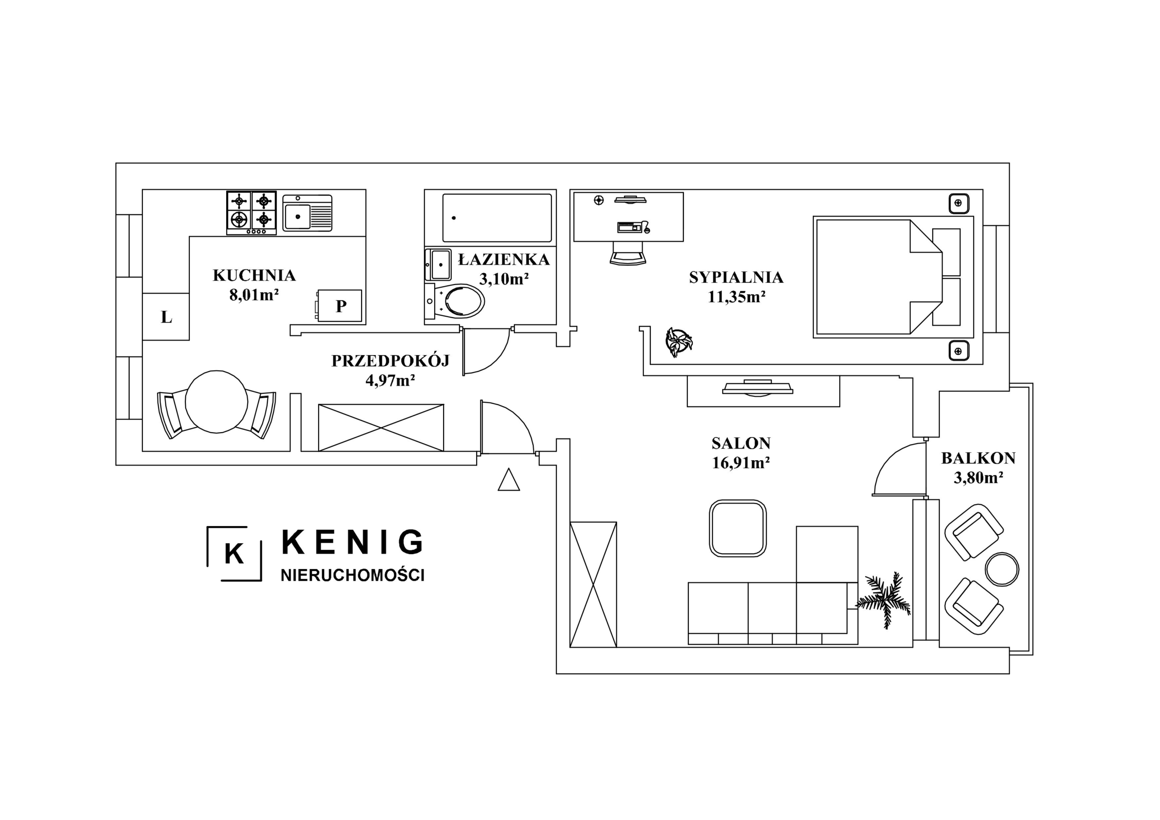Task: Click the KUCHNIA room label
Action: (254, 275)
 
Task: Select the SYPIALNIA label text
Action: (736, 277)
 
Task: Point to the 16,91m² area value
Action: (741, 463)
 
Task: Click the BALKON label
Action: (978, 458)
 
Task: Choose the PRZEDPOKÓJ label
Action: (391, 360)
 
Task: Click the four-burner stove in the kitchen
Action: (251, 213)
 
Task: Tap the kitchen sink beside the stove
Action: (307, 213)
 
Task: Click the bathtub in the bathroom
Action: (497, 218)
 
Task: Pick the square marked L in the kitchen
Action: (166, 317)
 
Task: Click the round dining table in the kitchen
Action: (216, 402)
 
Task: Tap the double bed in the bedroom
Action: (893, 277)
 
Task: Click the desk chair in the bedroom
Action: (628, 253)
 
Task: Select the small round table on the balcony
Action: (1002, 569)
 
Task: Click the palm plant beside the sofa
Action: (884, 599)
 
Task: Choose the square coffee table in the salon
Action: (738, 529)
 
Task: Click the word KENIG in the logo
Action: (352, 542)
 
